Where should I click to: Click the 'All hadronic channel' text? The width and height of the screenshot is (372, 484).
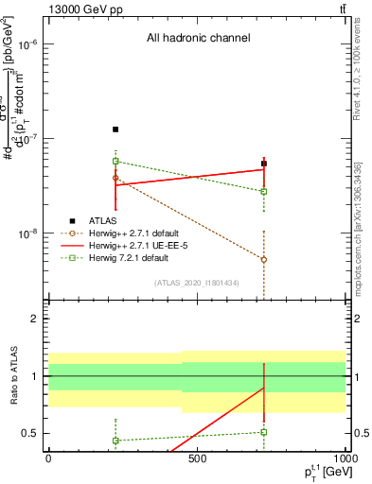[198, 39]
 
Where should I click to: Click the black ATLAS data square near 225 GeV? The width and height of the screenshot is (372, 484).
[115, 130]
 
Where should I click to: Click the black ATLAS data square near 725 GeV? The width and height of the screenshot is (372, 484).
[264, 164]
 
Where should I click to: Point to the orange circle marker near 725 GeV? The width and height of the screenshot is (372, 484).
[264, 259]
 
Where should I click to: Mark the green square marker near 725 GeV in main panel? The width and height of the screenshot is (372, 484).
[264, 191]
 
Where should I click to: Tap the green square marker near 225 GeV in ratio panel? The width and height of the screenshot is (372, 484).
[115, 441]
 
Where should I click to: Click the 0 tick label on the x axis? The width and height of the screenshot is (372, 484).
[48, 458]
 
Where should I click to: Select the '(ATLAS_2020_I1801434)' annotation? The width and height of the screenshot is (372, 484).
[196, 283]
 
